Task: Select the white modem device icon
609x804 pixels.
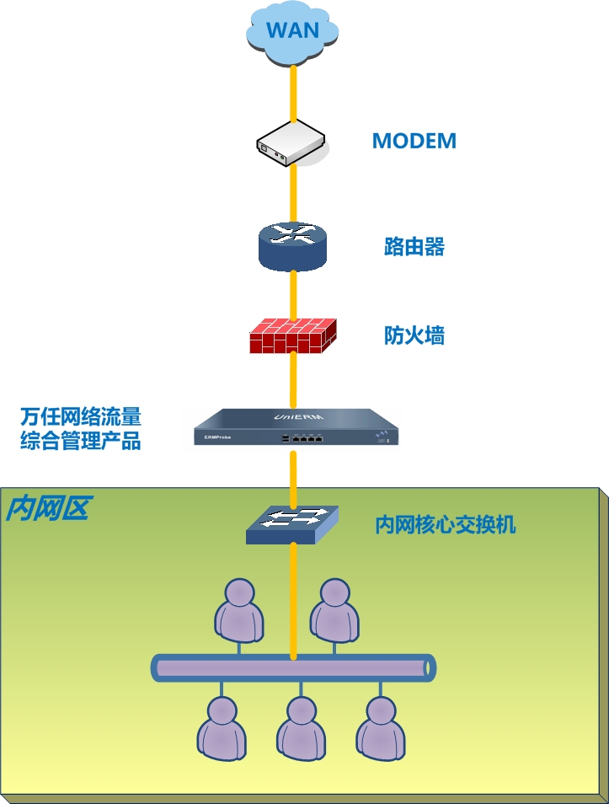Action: (x=291, y=143)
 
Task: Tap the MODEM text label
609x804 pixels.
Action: (x=414, y=141)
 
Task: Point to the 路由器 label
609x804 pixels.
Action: (x=414, y=247)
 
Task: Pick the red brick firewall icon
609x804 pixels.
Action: (x=291, y=335)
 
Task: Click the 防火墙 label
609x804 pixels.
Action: (x=414, y=335)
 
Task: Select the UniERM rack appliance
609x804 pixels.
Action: (x=296, y=426)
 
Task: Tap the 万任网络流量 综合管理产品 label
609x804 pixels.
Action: (x=81, y=428)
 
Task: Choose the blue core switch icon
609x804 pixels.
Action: (x=291, y=524)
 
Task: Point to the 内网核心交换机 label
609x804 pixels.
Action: (x=445, y=525)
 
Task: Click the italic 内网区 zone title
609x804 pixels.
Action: (x=47, y=508)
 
